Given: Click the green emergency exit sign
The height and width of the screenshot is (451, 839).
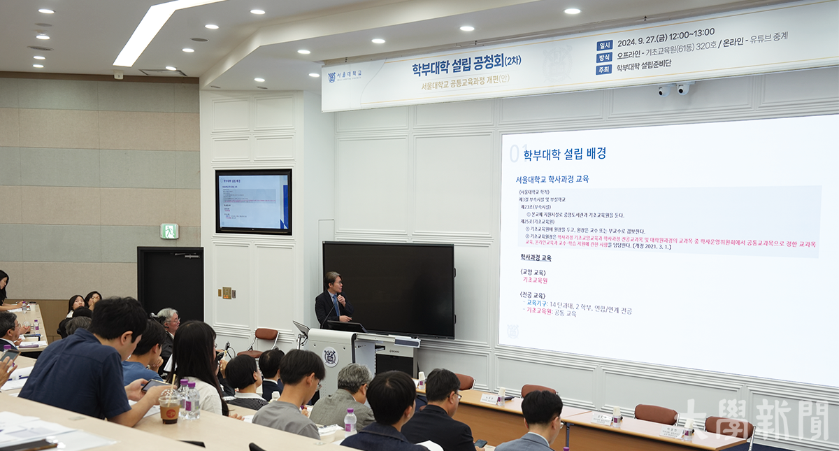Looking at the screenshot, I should tap(169, 231).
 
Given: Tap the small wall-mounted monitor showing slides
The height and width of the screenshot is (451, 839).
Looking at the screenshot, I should tap(253, 201).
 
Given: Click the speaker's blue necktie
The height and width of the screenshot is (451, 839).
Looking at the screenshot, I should tap(336, 305).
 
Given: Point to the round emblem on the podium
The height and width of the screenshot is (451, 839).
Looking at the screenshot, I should tap(330, 357).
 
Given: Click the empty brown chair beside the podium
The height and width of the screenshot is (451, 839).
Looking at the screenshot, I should tap(265, 339).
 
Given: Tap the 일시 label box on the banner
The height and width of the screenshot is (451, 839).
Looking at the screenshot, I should tap(605, 45).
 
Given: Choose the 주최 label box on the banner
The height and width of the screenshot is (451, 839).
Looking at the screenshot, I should tap(604, 69).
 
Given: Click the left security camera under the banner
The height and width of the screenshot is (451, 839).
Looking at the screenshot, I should tap(664, 91).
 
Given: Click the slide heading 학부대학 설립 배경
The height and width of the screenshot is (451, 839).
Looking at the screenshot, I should tap(564, 154).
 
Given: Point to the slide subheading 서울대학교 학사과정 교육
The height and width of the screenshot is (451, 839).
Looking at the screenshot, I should tap(552, 179).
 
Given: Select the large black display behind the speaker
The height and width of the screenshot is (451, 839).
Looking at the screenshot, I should tap(388, 288).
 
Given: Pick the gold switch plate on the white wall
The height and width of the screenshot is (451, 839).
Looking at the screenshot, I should tap(226, 293).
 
